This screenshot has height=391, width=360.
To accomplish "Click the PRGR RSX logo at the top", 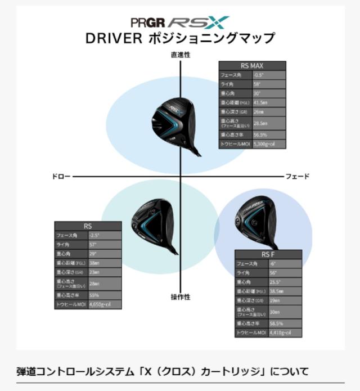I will [x=180, y=22].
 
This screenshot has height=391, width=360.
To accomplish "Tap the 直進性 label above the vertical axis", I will [x=181, y=55].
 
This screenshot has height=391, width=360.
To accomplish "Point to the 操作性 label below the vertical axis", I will [x=181, y=296].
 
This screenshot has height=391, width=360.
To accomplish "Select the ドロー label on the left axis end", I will [x=61, y=177].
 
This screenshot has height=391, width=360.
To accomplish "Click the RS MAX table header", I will [x=252, y=65].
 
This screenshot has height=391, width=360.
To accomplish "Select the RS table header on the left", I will [x=88, y=226].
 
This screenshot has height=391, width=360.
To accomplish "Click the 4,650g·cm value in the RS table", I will [x=105, y=304].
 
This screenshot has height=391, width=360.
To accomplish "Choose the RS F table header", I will [x=269, y=254].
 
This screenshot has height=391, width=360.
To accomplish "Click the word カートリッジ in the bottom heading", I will [x=237, y=371].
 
